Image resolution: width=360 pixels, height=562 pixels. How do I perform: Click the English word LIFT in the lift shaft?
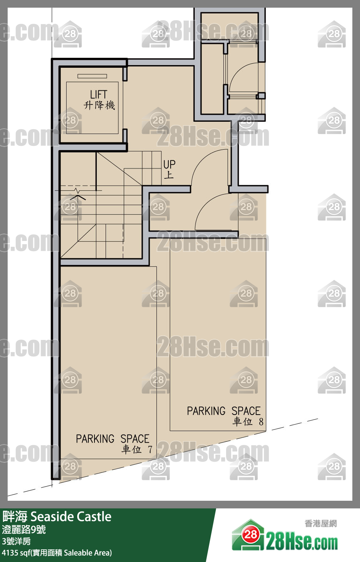[98, 94]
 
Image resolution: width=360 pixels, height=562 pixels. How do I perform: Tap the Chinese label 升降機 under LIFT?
[99, 105]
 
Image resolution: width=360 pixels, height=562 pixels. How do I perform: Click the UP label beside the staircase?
[169, 165]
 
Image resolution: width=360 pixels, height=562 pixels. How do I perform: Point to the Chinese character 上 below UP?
[169, 175]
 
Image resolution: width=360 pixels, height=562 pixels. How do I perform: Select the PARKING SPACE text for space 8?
[223, 411]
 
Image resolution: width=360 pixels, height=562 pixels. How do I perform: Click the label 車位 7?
[137, 449]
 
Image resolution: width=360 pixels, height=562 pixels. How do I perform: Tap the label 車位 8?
[248, 422]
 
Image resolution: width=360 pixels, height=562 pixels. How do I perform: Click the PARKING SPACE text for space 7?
[112, 438]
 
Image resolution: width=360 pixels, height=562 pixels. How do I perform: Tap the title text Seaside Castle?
[71, 517]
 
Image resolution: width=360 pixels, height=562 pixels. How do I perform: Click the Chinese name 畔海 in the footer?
[15, 517]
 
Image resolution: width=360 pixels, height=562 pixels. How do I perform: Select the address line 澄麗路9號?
[24, 529]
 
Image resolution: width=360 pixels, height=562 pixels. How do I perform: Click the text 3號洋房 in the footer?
[16, 541]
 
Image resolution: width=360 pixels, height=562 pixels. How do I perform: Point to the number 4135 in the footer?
[10, 553]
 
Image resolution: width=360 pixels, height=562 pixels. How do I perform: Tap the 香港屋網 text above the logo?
[321, 523]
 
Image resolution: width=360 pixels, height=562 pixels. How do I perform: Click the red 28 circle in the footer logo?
[250, 534]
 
